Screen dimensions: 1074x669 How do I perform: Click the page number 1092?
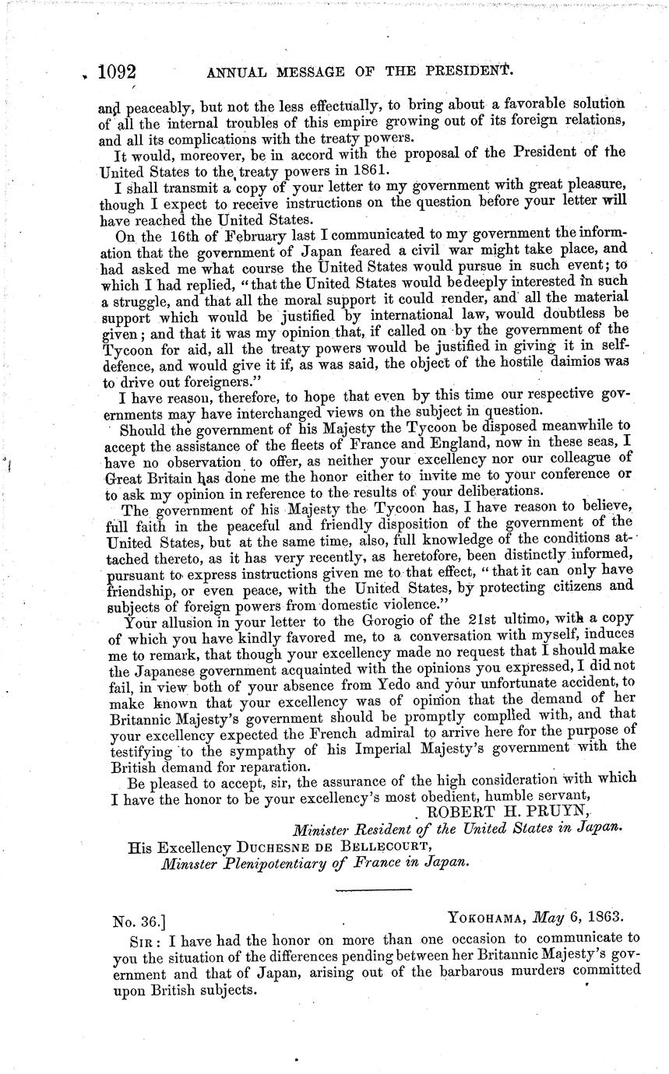pos(118,72)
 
